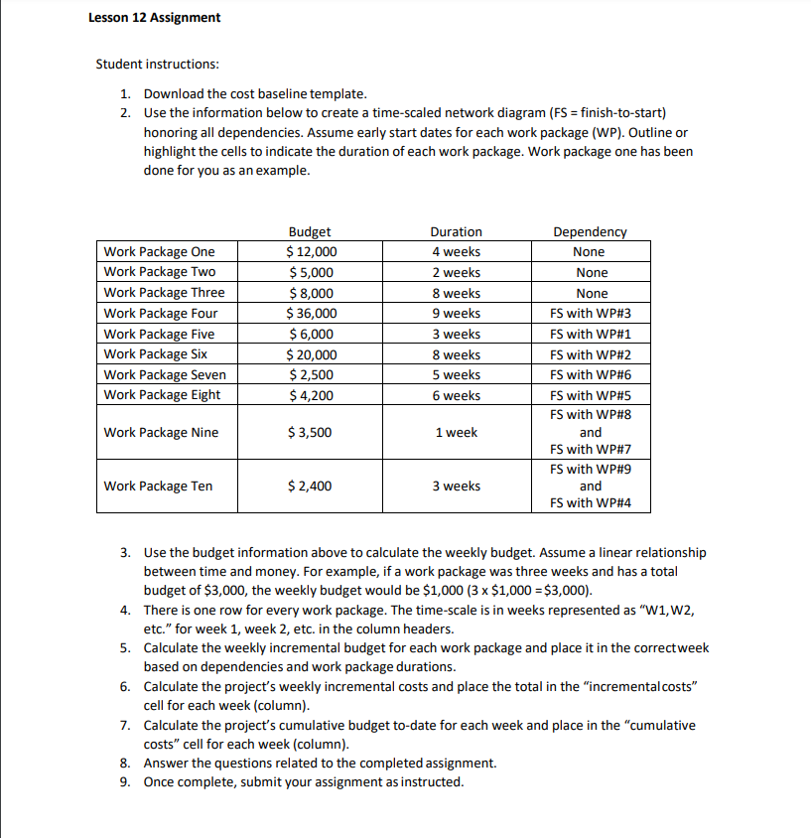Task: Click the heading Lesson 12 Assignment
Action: (x=154, y=18)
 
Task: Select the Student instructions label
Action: (x=157, y=65)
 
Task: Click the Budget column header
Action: (x=310, y=231)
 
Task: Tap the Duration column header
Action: (x=456, y=231)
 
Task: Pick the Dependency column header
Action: (x=590, y=231)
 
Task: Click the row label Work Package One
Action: (x=159, y=252)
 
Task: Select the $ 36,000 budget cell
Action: (x=311, y=314)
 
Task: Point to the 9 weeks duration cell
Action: (x=456, y=314)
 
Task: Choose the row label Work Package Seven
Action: (x=165, y=375)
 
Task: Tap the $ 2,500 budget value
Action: (x=311, y=375)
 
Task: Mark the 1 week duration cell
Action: (x=456, y=433)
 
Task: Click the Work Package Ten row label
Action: (x=158, y=487)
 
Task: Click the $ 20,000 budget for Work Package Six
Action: (x=311, y=354)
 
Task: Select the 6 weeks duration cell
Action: (x=456, y=396)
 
